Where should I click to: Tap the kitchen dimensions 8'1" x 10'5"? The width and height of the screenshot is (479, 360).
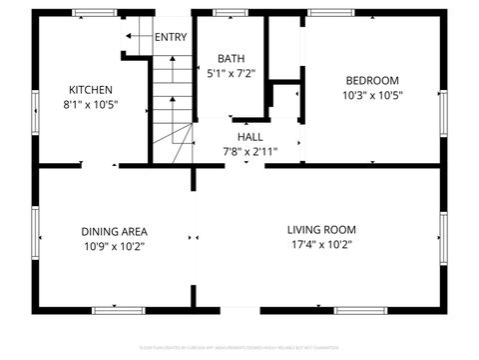(91, 103)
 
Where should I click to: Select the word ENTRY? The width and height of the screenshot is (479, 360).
(171, 38)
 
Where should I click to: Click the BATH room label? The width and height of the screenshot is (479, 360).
(232, 59)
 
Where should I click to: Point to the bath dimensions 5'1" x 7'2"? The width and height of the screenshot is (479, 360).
(232, 73)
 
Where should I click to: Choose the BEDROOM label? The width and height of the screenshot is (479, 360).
(372, 81)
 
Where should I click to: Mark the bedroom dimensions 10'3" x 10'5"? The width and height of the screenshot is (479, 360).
(372, 96)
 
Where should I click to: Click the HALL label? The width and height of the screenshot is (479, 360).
(250, 137)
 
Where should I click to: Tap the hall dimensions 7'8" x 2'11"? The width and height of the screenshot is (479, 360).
(249, 152)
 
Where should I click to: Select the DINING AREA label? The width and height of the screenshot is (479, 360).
(114, 232)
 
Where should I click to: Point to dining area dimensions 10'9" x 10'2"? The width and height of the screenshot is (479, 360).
(114, 246)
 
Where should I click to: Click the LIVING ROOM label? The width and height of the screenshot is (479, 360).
(321, 229)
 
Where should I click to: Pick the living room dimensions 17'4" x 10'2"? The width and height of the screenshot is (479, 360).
(321, 243)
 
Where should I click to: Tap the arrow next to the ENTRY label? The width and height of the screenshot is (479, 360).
(135, 37)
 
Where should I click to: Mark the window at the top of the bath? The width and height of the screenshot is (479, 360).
(232, 13)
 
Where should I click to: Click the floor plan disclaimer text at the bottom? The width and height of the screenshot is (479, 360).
(239, 348)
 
